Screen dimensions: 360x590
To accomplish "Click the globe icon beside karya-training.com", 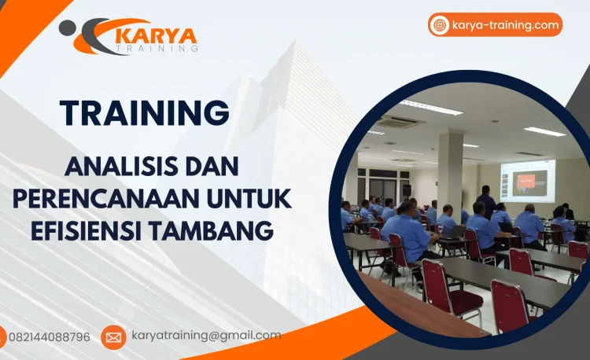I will [440, 25].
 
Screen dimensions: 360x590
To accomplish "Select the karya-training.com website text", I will [506, 25].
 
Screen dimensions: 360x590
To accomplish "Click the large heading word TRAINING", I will [145, 112].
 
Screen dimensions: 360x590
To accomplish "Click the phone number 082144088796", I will [49, 336].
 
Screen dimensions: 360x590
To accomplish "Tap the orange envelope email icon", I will [113, 337].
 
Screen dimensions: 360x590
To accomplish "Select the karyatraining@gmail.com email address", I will [206, 336].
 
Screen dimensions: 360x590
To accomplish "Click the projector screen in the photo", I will [526, 179].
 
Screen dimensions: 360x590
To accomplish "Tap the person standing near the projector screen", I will [487, 200].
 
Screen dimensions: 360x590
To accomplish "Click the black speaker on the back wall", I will [407, 190].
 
